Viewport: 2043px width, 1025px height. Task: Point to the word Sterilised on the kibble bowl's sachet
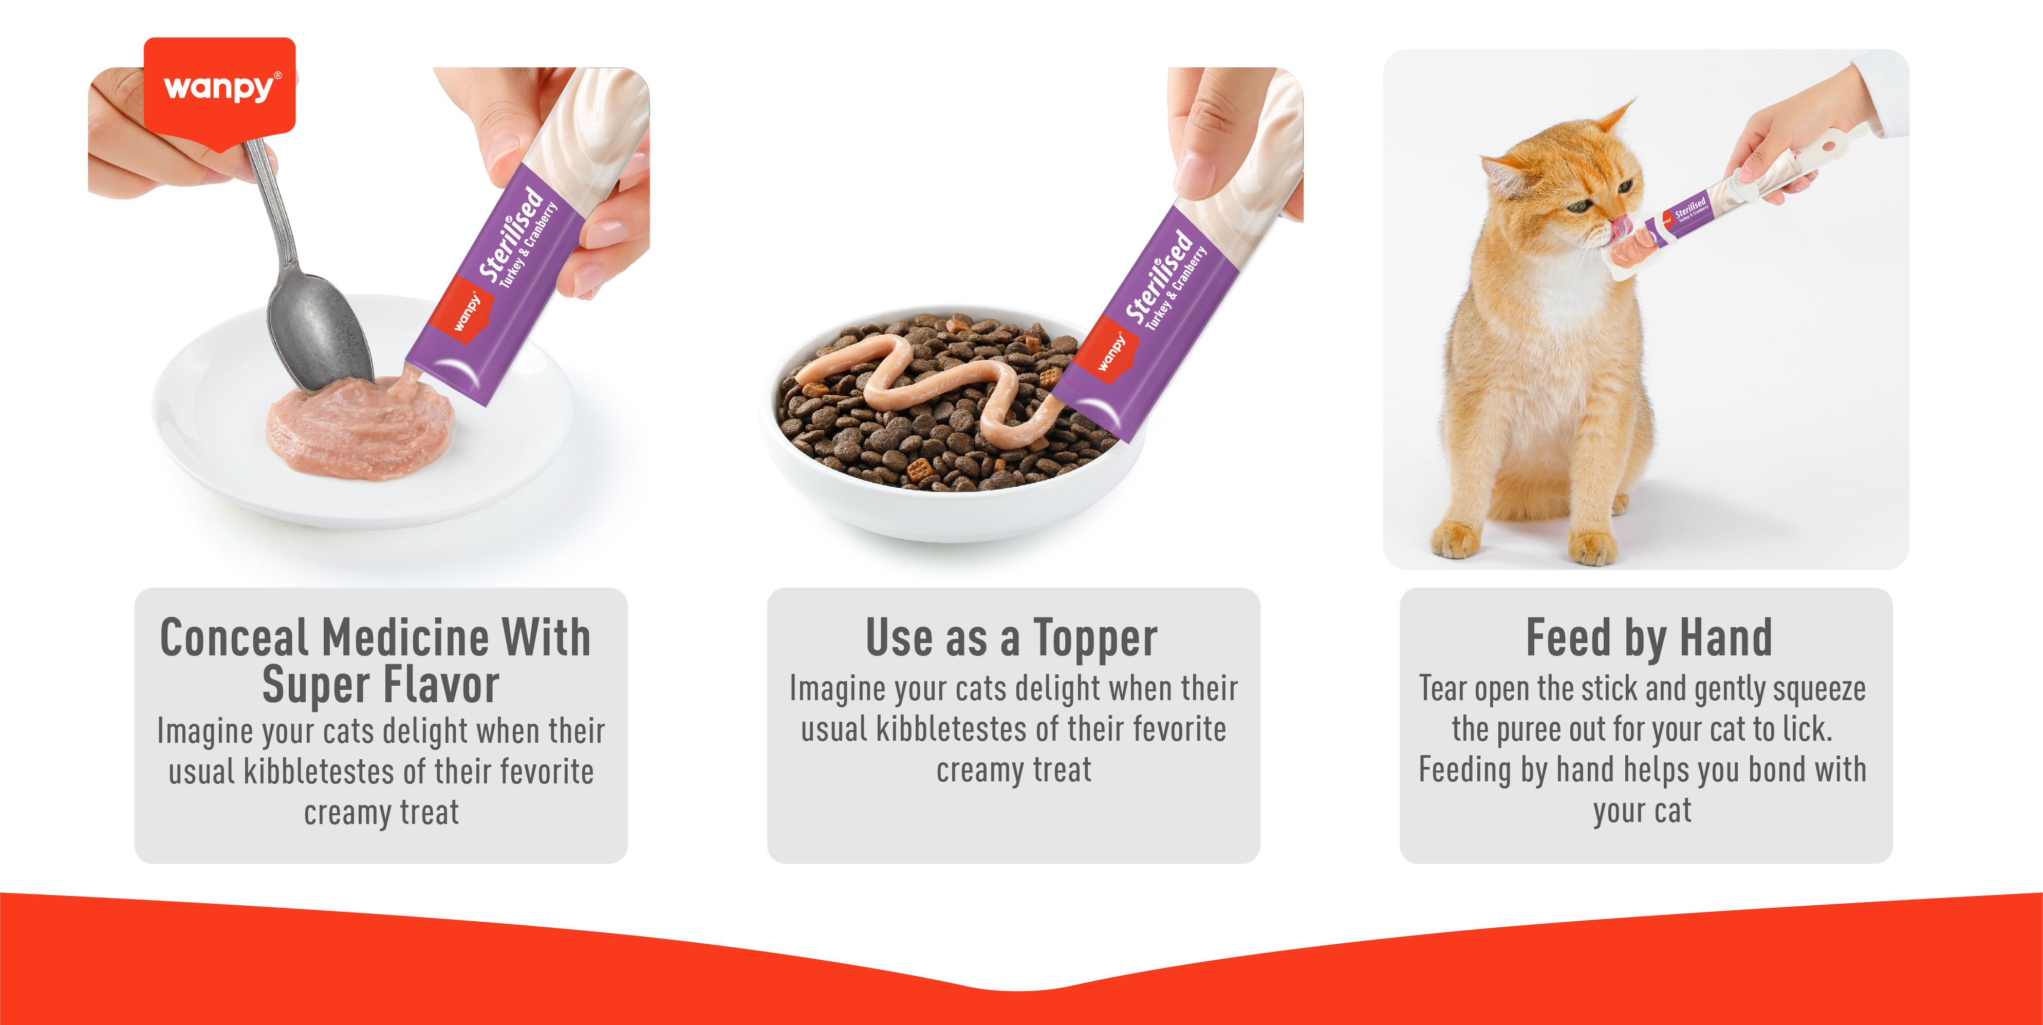[x=1160, y=278]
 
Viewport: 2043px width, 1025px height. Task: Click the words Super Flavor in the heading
[x=381, y=684]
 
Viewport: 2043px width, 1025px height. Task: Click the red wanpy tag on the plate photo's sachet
[x=466, y=311]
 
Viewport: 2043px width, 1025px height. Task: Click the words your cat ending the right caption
[x=1642, y=811]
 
